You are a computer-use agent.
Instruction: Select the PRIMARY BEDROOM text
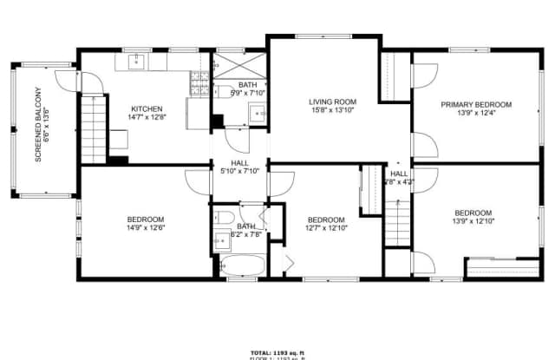point(475,105)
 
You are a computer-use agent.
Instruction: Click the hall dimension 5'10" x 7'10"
point(240,171)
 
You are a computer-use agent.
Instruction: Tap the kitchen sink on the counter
point(137,62)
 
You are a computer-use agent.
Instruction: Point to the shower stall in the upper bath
point(238,68)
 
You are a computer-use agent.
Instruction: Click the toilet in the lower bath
point(221,218)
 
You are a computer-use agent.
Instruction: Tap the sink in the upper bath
point(257,112)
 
